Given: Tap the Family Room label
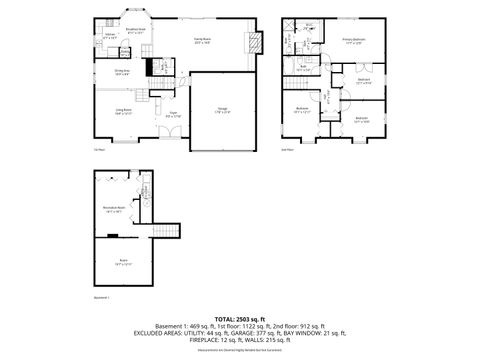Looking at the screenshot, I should (x=202, y=41).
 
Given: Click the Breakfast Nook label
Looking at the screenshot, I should (x=135, y=29).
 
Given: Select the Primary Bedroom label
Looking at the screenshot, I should (x=354, y=41).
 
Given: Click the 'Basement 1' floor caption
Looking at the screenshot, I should (x=101, y=296).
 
